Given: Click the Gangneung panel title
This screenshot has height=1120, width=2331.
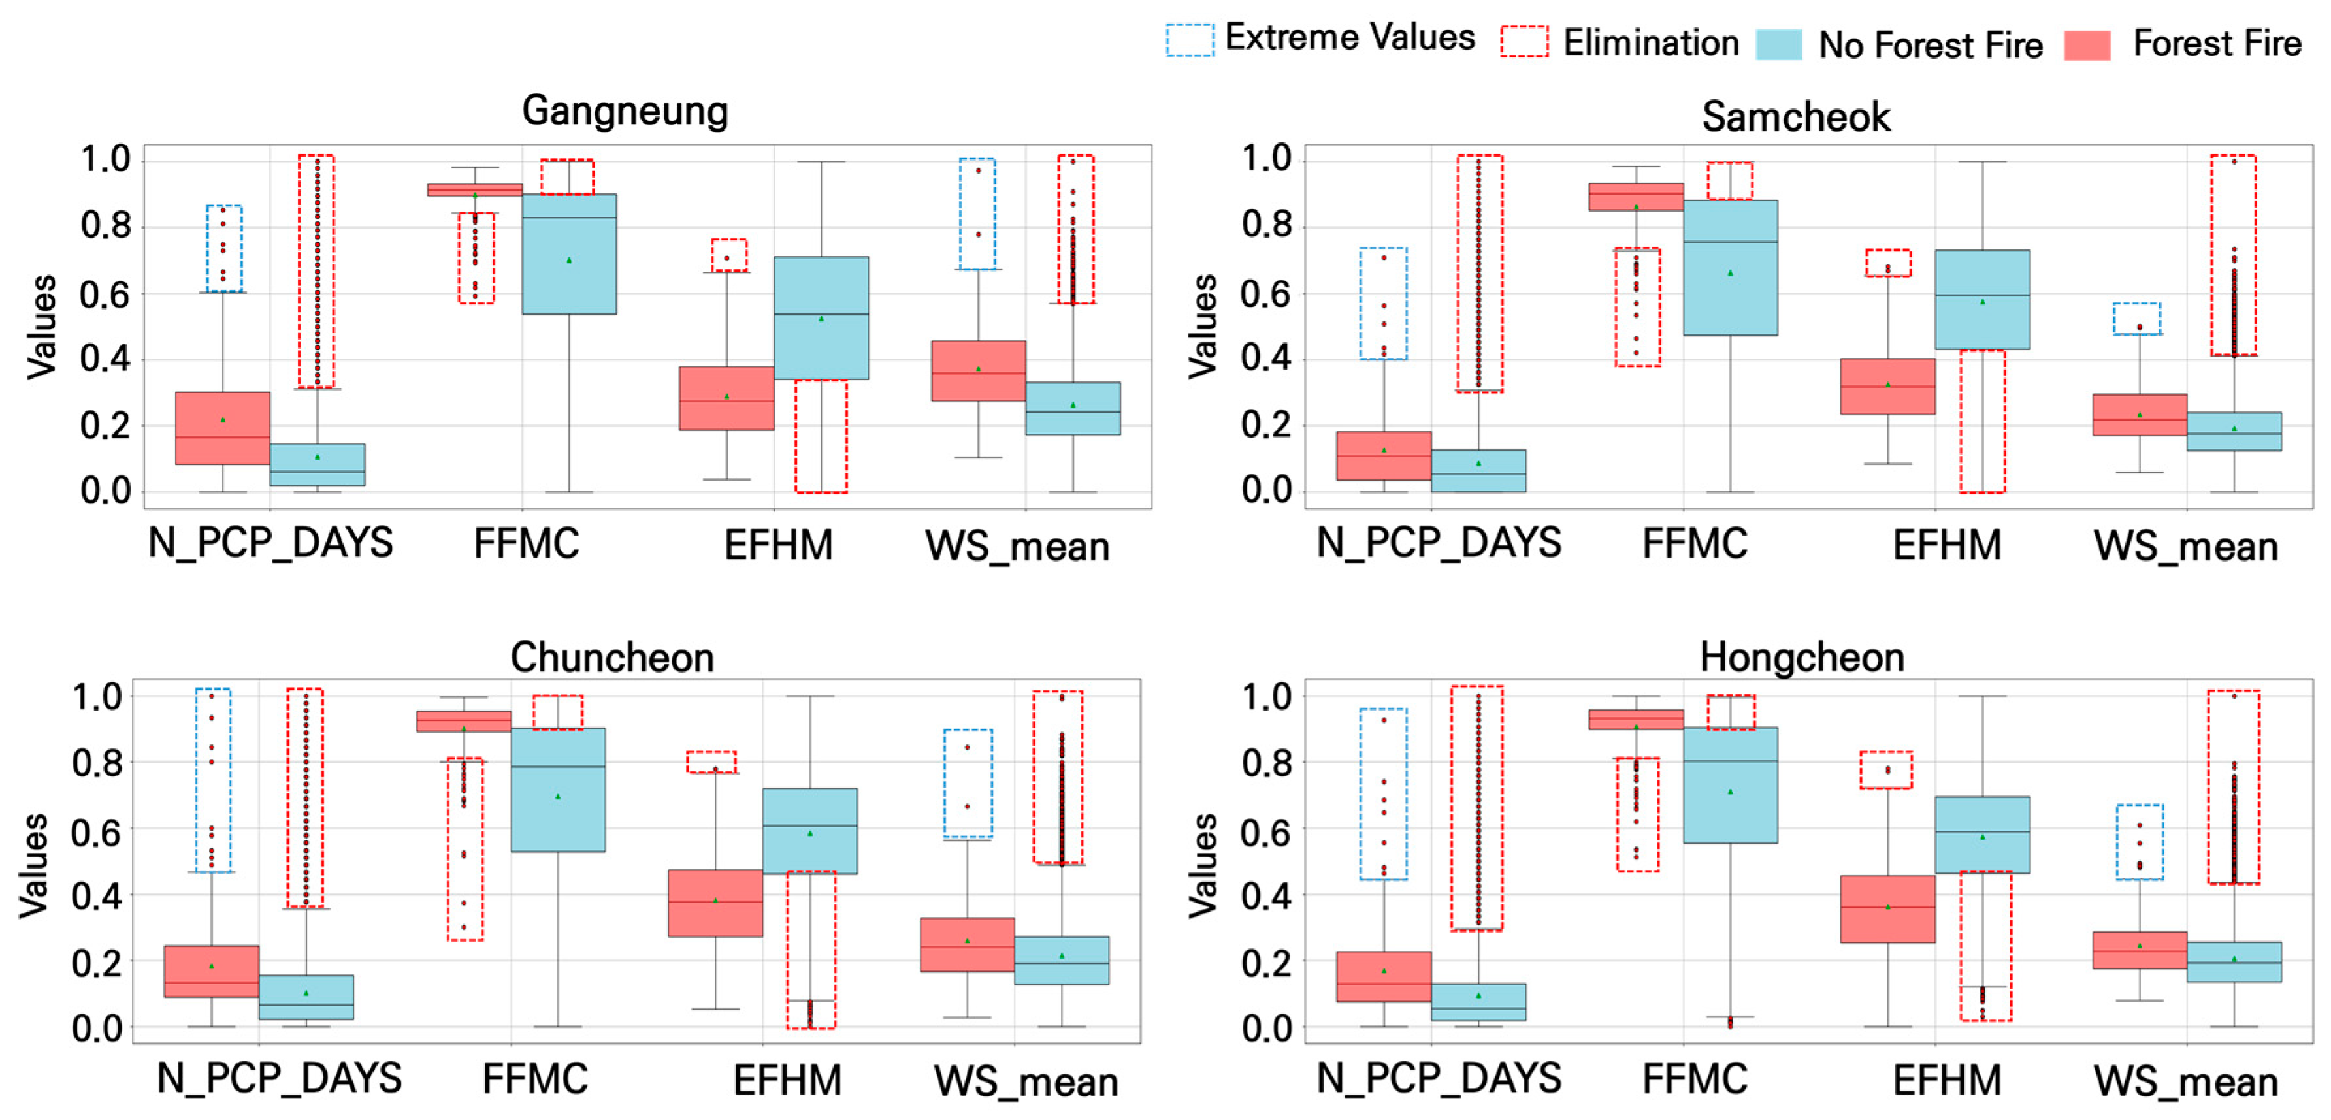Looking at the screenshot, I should click(x=625, y=111).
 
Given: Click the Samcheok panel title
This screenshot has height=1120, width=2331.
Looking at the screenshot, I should click(x=1795, y=117).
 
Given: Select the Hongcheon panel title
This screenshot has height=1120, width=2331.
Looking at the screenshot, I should click(x=1802, y=657).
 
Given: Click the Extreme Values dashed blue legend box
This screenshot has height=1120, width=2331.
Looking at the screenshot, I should click(x=1189, y=40).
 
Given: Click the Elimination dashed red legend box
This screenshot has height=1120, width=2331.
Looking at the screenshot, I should click(x=1524, y=42).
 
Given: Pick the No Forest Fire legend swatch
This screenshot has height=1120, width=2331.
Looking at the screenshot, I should click(x=1778, y=44).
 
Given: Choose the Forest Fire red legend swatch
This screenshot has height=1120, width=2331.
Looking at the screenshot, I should click(x=2087, y=44).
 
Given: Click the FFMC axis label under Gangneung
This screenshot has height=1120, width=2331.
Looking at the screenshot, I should click(x=526, y=544).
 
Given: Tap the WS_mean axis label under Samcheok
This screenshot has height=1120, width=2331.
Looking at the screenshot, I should click(x=2185, y=547).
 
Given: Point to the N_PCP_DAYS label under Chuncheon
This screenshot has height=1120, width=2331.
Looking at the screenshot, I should click(x=279, y=1078).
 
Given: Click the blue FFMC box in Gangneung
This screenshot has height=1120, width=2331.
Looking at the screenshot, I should click(x=569, y=254).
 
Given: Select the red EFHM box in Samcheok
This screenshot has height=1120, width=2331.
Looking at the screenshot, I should click(x=1887, y=387).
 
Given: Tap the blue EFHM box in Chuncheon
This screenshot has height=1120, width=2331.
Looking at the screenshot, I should click(x=810, y=831).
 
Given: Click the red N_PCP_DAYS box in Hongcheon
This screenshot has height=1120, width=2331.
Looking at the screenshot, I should click(x=1384, y=976).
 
